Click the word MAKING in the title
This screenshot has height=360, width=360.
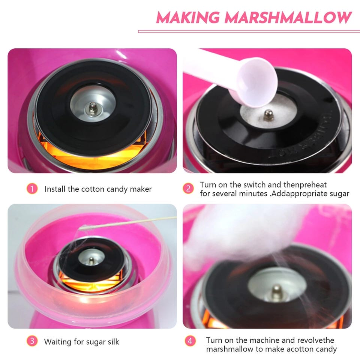188,18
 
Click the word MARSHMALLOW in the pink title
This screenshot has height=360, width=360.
288,18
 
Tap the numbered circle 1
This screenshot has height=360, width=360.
32,189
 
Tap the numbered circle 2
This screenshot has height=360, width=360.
188,189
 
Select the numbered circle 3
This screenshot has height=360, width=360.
32,341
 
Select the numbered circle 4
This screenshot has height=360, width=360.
190,341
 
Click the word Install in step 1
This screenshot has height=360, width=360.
55,189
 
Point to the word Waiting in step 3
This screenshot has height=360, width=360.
57,342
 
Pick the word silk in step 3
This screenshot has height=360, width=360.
113,342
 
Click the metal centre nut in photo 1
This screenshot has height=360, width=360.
93,108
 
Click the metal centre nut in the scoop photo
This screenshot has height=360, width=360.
268,115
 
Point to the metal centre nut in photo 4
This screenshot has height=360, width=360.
277,292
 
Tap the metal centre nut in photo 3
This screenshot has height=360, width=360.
91,261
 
